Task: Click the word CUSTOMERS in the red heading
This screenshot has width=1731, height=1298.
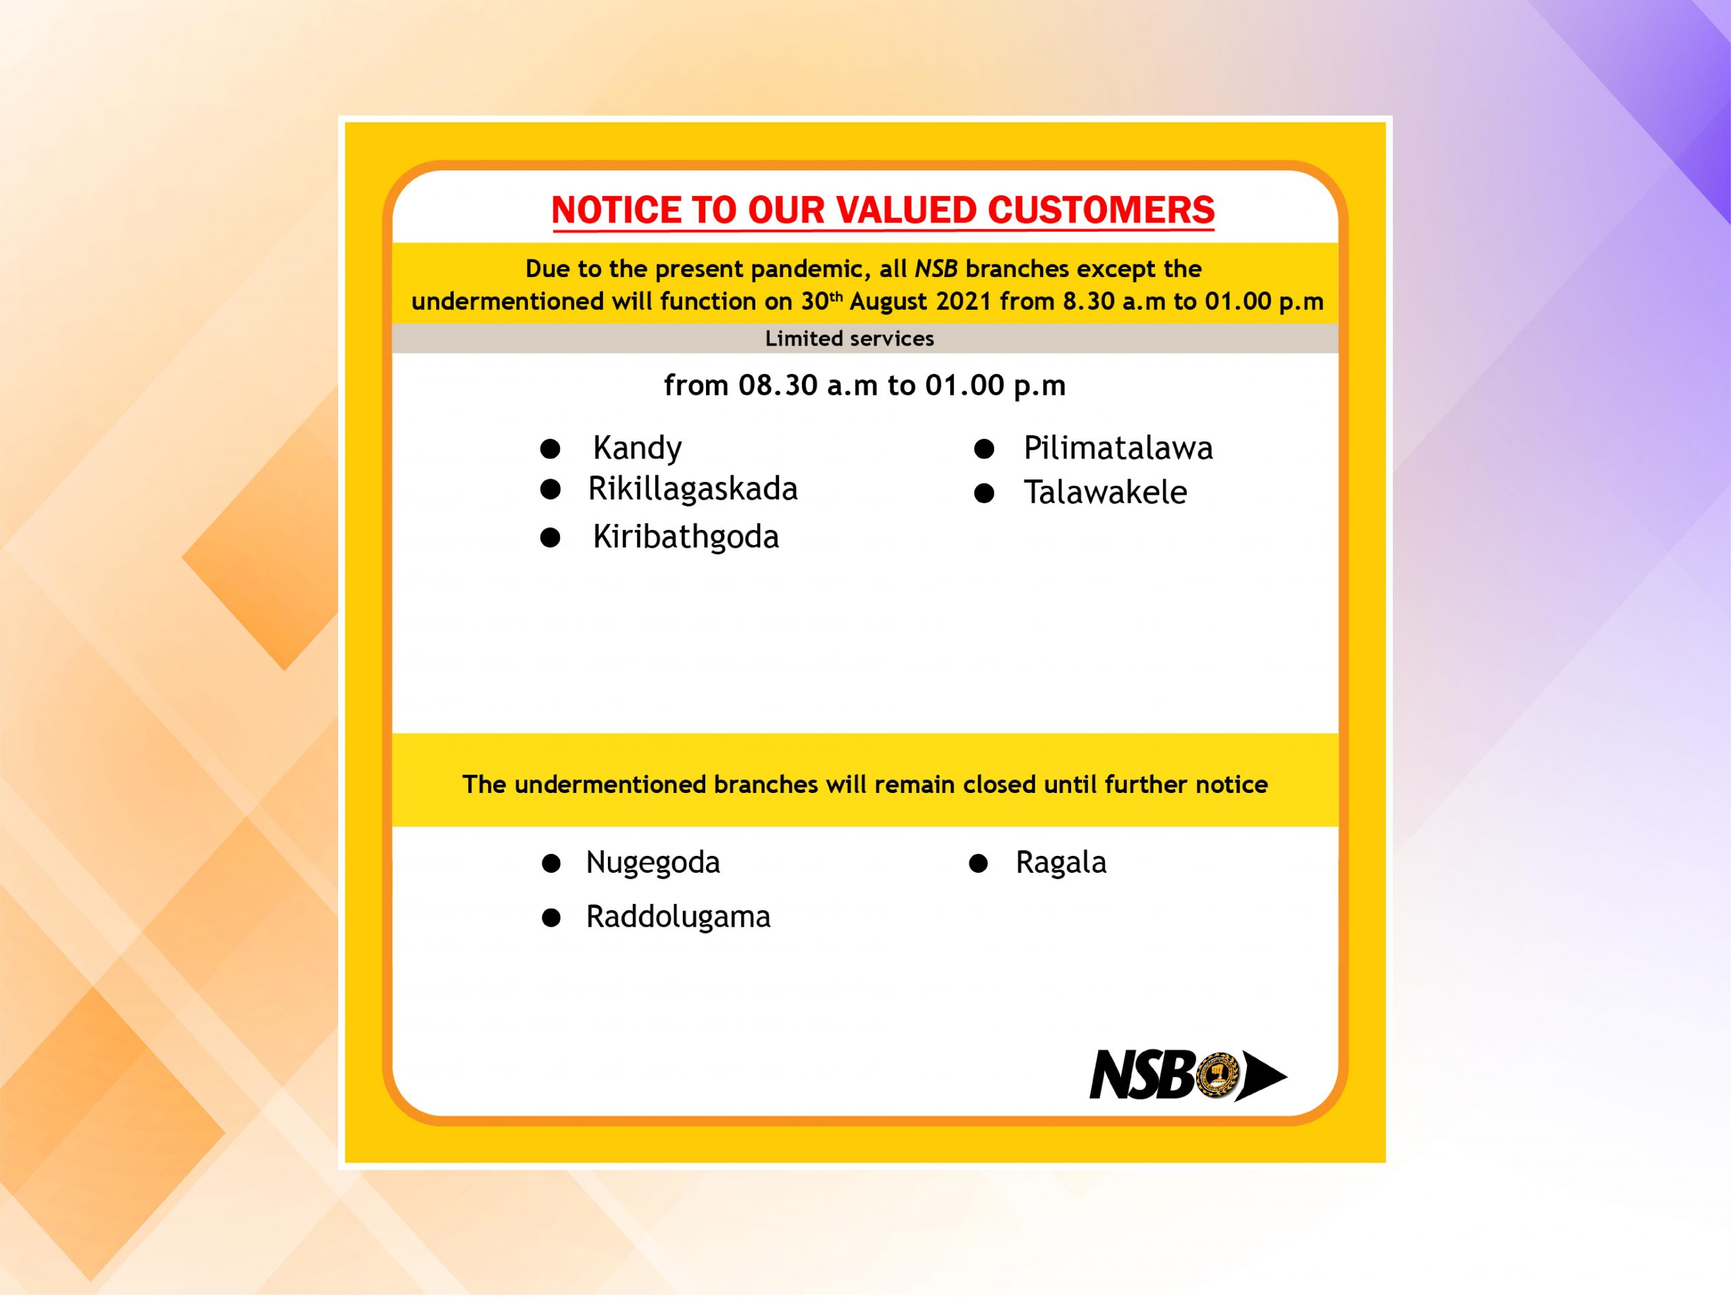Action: pyautogui.click(x=1100, y=210)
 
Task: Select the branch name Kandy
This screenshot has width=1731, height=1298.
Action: pyautogui.click(x=637, y=448)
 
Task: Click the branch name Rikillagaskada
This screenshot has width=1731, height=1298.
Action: pyautogui.click(x=692, y=489)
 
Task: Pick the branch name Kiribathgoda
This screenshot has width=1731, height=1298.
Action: pyautogui.click(x=686, y=537)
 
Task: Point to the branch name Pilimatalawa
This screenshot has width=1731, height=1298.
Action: pyautogui.click(x=1118, y=448)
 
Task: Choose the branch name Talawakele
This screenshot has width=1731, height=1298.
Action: pyautogui.click(x=1105, y=492)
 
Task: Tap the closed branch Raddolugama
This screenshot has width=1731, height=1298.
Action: pyautogui.click(x=678, y=917)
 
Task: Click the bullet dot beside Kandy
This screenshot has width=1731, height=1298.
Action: pyautogui.click(x=550, y=448)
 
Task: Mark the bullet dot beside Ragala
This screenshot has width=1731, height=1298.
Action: pyautogui.click(x=978, y=863)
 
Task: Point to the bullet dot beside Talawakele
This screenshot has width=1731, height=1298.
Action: pyautogui.click(x=984, y=493)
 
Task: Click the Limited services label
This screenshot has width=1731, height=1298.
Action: pyautogui.click(x=849, y=339)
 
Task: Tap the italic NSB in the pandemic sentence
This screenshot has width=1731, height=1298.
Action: pyautogui.click(x=936, y=268)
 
